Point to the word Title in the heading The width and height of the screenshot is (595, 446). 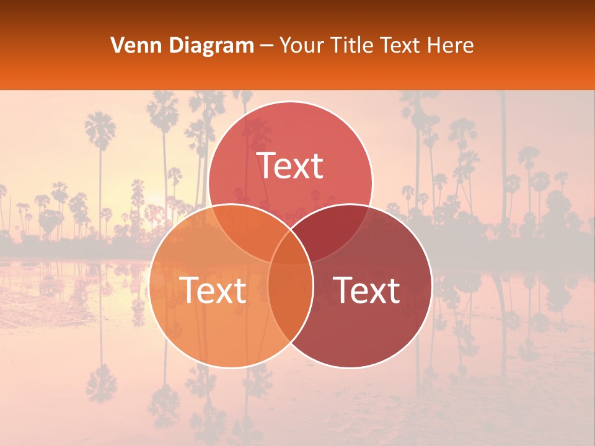(353, 45)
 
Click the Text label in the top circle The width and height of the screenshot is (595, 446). (290, 166)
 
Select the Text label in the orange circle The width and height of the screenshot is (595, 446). (213, 290)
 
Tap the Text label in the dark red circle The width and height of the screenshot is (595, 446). (366, 290)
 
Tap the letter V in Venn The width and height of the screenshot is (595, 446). (117, 45)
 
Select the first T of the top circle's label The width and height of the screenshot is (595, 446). (267, 166)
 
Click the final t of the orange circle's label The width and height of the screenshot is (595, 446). (240, 291)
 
